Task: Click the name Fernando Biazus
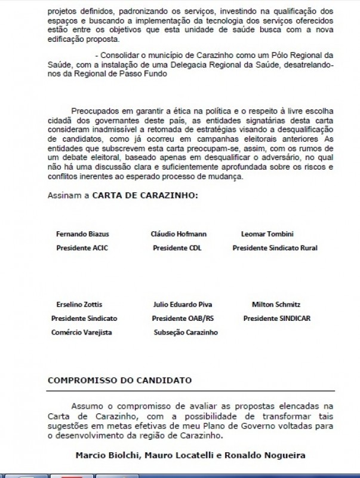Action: click(82, 234)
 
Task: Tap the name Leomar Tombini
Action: click(267, 234)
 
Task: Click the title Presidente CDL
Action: click(177, 247)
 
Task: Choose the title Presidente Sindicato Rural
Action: click(275, 247)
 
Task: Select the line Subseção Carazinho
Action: click(186, 332)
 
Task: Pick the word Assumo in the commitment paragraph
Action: click(87, 405)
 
